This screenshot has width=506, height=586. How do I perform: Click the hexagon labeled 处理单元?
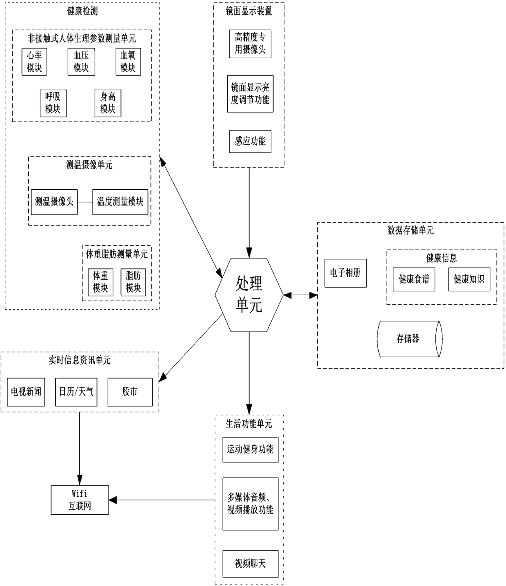pos(249,294)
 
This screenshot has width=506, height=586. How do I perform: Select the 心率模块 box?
pos(34,62)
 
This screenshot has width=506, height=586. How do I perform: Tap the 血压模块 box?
pos(81,62)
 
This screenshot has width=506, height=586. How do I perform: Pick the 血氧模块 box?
pos(128,62)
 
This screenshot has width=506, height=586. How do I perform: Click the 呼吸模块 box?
pos(53,103)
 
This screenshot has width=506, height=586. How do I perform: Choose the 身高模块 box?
pos(108,103)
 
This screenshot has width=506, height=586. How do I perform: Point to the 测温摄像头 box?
pos(54,202)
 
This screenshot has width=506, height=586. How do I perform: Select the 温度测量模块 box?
pos(120,202)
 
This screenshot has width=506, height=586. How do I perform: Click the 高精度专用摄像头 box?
pos(250,44)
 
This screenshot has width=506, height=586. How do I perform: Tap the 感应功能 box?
pos(250,142)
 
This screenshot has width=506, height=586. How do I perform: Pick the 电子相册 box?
pos(346,273)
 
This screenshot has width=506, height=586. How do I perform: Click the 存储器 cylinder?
pos(409,339)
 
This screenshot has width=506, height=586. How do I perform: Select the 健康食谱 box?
pos(414,279)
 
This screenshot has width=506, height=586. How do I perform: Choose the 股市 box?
pos(130,392)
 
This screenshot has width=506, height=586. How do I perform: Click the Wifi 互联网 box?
pos(80,500)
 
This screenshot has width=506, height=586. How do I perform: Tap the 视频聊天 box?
pos(250,564)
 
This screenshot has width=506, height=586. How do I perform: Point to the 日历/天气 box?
pos(76,392)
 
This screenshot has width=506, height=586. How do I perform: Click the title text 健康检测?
pos(82,11)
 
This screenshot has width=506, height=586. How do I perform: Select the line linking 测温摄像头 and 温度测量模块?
pos(85,202)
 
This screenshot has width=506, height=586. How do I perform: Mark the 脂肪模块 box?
pos(133,282)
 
